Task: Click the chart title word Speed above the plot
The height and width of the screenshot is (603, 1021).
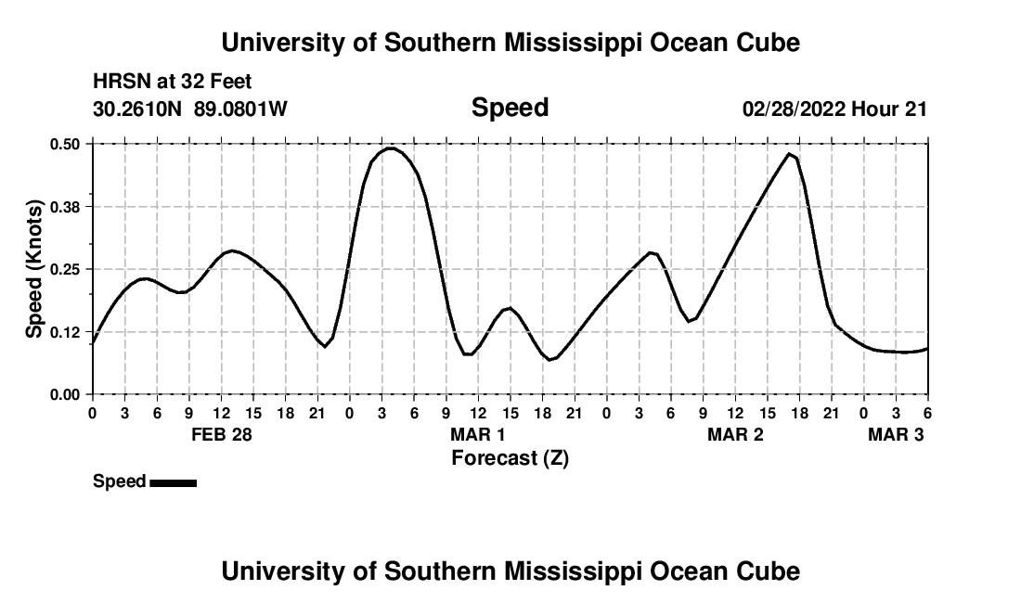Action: point(510,108)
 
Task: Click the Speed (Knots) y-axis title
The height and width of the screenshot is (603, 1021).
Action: point(34,269)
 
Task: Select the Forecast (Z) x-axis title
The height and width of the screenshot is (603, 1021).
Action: point(510,457)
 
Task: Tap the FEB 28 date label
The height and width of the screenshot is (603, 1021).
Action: point(221,434)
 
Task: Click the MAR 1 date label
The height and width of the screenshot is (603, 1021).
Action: point(478,434)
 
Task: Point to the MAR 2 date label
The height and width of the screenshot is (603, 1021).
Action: point(735,434)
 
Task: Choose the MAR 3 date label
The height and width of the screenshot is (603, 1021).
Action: point(896,434)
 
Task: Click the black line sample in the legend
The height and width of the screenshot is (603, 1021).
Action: point(173,482)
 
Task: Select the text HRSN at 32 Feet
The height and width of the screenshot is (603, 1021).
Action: point(173,83)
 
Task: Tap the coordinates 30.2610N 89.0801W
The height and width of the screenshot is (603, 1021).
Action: point(190,109)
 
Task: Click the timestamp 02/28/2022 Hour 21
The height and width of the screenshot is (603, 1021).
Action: point(834,109)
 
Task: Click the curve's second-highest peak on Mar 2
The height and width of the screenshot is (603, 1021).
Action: point(790,154)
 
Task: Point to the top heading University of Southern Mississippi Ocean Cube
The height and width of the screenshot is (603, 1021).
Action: point(510,43)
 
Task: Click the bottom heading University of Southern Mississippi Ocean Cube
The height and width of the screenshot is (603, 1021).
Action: point(510,571)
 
